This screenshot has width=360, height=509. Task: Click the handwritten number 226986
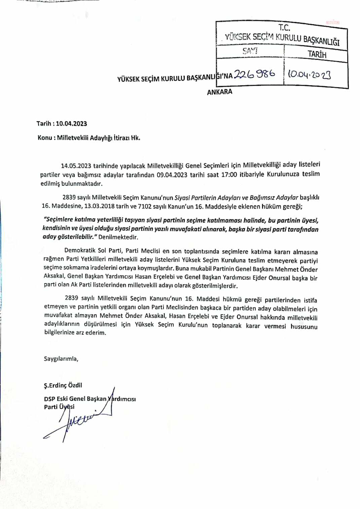pos(254,73)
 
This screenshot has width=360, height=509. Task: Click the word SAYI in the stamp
pos(250,51)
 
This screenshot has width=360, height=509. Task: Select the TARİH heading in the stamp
pos(317,54)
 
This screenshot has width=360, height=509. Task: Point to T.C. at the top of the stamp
pos(284,28)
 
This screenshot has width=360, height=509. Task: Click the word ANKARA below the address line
pos(219,92)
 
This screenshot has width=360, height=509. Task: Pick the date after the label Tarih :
pos(71,124)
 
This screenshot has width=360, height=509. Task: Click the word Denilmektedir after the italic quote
pos(118,237)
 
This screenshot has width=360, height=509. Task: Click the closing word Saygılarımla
pos(61,359)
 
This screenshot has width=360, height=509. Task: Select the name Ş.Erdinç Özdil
pos(63,385)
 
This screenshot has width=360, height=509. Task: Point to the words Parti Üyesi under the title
pos(59,407)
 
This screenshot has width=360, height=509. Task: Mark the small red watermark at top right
pos(332,22)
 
